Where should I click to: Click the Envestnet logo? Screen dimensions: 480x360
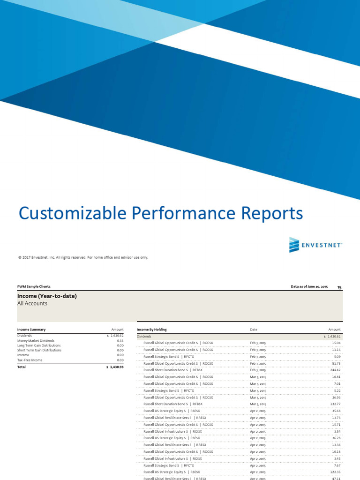315,245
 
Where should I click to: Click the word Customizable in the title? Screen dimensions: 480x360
73,213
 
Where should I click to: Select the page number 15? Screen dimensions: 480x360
339,287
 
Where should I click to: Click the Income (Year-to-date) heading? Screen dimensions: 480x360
47,296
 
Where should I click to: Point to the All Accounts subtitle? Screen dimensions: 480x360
32,303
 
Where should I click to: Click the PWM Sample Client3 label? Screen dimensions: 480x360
34,286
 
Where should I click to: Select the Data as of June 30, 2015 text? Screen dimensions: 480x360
309,286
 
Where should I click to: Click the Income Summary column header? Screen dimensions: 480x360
31,330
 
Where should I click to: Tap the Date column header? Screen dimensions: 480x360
254,330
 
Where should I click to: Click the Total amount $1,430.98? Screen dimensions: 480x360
115,367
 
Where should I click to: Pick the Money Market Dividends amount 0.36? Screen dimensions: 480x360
120,341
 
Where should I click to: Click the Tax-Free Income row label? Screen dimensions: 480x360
30,360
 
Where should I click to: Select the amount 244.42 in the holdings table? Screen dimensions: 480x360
334,370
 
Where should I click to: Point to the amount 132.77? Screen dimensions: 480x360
334,404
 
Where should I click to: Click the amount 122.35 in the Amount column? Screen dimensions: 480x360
334,472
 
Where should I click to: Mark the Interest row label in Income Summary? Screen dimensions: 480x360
23,355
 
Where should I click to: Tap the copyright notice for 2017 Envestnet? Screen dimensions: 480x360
83,257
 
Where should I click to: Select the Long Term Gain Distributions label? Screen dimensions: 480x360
39,345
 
